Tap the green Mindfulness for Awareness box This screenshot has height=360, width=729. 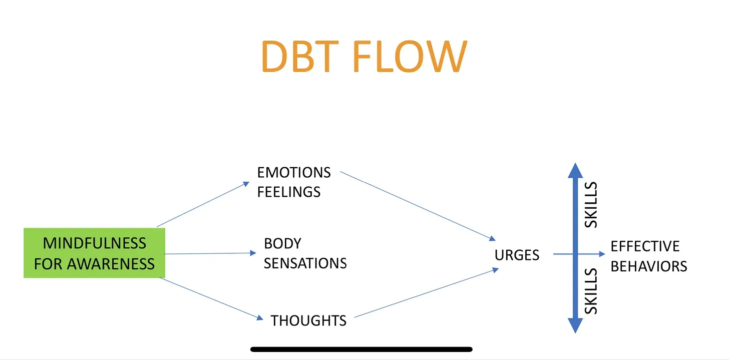pos(94,253)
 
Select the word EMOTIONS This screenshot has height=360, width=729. pos(294,173)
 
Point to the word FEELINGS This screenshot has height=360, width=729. pos(289,192)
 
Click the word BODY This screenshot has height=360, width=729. pos(282,244)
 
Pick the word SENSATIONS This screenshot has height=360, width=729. pos(305,263)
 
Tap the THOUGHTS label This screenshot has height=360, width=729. pos(308,320)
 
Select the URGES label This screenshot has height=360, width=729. pos(517,255)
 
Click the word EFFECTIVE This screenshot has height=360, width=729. pos(645,246)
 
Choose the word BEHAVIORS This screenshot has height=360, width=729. pos(649,266)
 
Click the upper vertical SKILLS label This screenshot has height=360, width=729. pos(591,205)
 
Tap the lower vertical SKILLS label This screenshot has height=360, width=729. pos(591,291)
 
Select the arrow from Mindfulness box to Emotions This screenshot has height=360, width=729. pos(203,204)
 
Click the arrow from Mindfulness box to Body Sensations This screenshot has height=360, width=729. pos(210,253)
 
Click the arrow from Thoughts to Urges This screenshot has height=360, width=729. pos(426,294)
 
